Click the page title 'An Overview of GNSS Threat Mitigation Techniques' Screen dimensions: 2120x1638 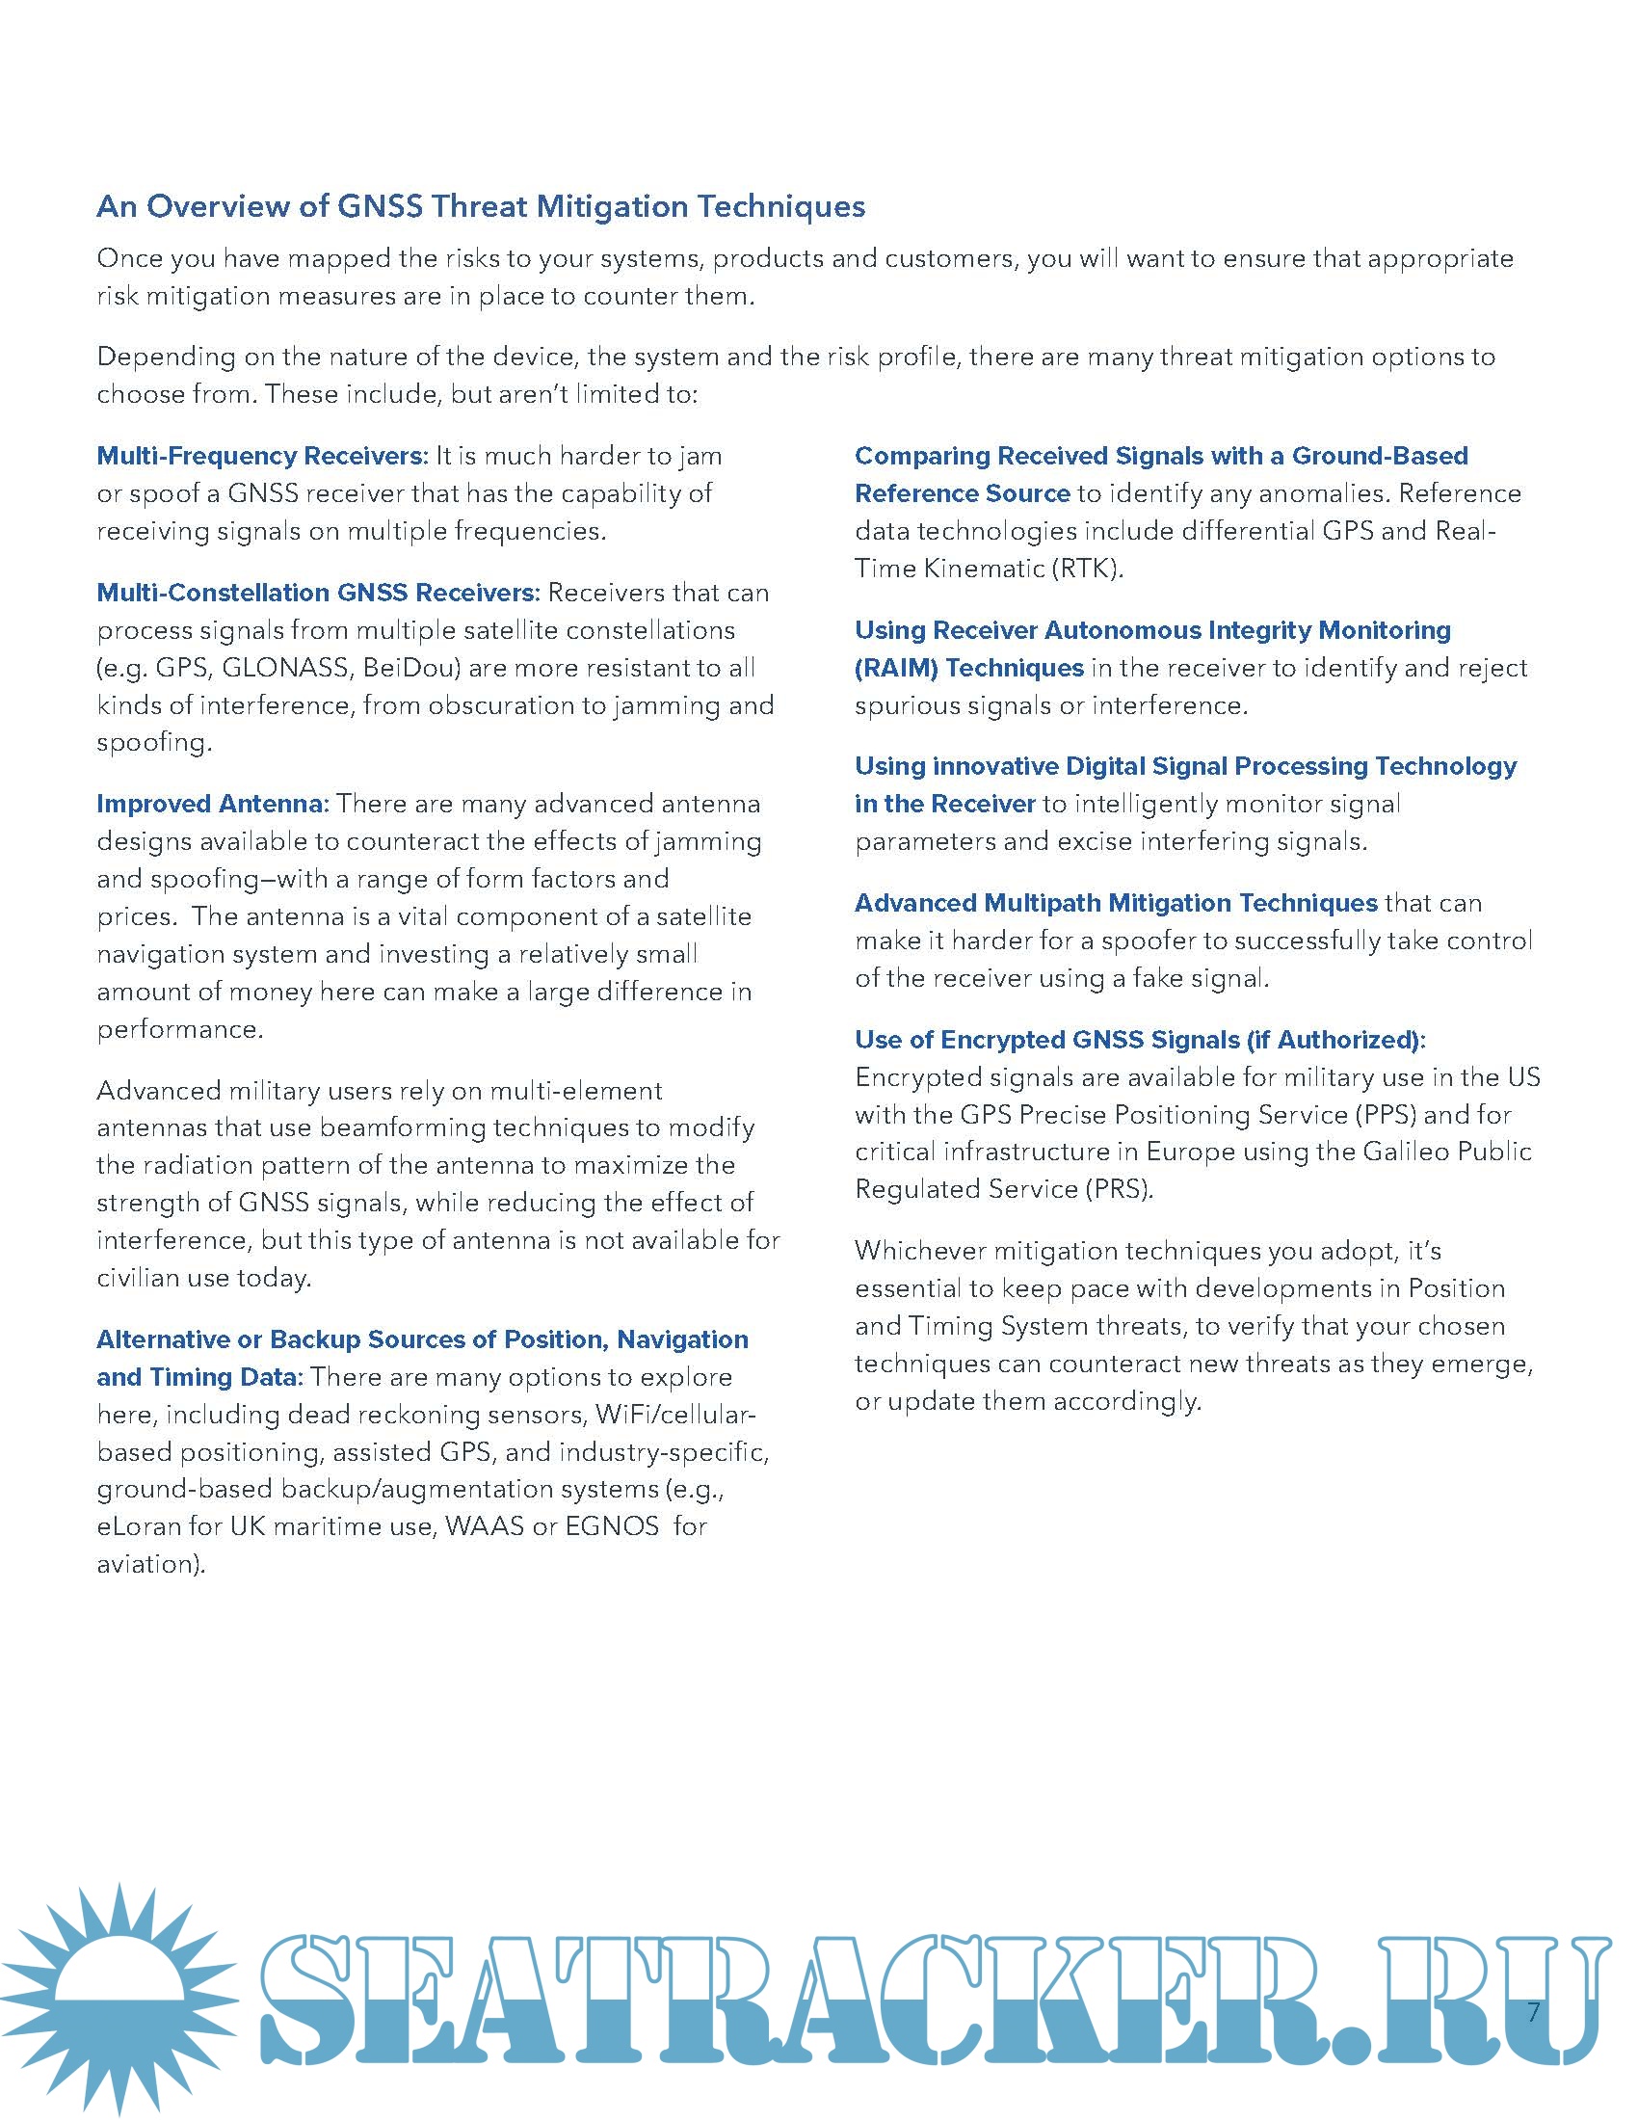point(481,207)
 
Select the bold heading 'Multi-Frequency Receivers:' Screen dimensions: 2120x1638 point(262,456)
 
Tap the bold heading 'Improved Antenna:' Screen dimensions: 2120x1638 point(213,804)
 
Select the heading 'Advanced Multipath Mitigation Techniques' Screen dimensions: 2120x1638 point(1116,903)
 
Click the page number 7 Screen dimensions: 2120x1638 point(1533,2011)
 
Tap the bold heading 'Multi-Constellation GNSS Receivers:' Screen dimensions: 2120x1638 point(318,593)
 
